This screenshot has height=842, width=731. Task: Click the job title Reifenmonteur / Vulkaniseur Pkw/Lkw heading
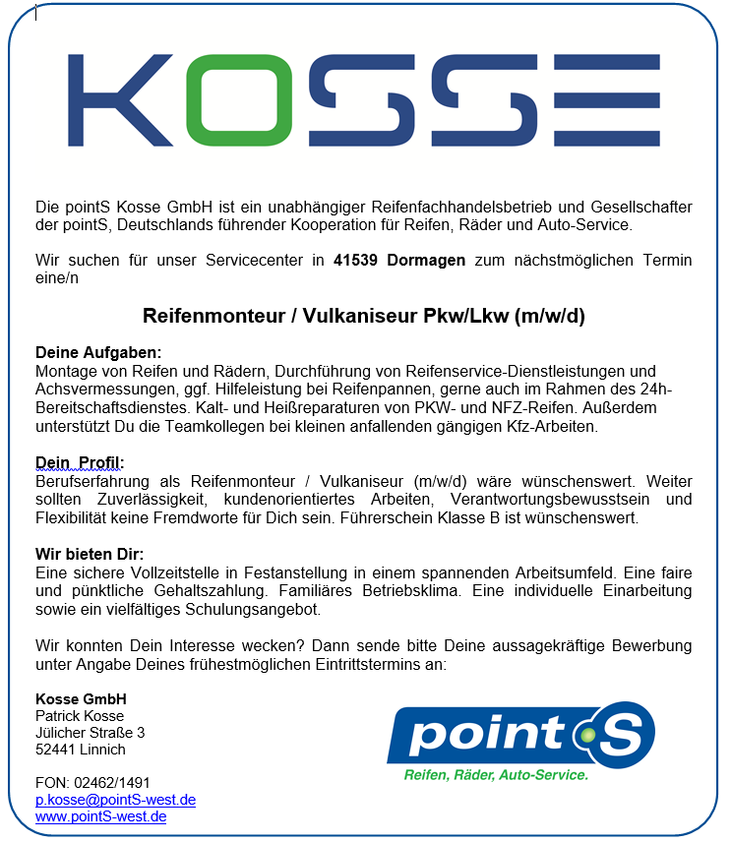(364, 317)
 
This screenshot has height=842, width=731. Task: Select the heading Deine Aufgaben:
(98, 352)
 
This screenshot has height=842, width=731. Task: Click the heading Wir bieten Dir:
(90, 554)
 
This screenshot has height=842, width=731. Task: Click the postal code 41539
(355, 261)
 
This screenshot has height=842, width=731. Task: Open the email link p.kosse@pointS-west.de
(115, 800)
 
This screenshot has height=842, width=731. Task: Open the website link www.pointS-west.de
(100, 816)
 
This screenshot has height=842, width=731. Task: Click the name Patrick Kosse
(80, 716)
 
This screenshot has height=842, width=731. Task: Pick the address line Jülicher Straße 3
(90, 733)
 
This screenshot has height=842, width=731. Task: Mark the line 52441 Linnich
(81, 750)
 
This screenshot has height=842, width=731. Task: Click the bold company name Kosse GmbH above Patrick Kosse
(81, 699)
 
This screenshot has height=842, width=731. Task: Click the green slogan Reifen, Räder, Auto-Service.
(496, 775)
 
